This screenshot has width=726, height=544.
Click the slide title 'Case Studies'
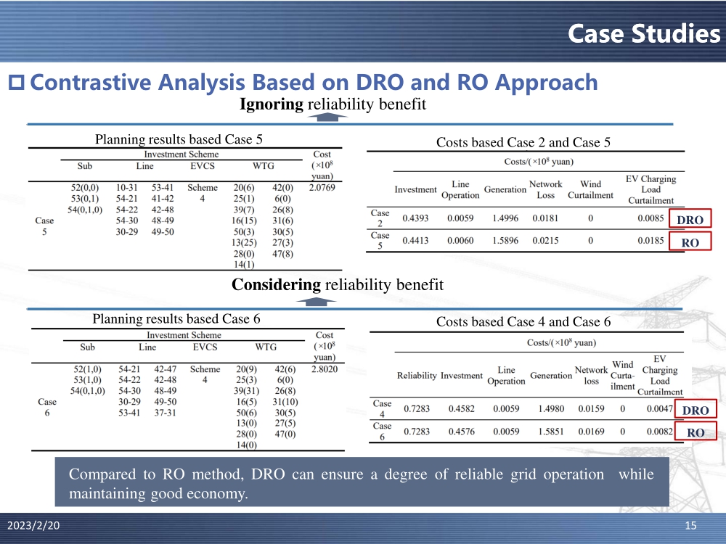pos(643,33)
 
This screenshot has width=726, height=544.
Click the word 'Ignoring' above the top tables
pos(271,104)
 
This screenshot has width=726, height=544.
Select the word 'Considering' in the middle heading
pos(276,285)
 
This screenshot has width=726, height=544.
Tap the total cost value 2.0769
pos(323,188)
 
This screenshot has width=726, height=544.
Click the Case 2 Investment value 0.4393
pos(415,217)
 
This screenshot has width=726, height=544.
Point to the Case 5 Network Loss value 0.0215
pos(545,240)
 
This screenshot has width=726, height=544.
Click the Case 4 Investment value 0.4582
pos(461,408)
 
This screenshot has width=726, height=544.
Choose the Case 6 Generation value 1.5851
pos(550,432)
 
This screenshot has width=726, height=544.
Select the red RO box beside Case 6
pos(695,433)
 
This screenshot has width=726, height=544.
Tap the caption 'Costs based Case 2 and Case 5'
pos(523,143)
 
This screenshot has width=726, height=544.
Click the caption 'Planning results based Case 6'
pos(176,318)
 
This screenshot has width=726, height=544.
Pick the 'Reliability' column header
pos(417,376)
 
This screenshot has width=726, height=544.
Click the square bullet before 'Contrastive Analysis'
pos(16,83)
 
